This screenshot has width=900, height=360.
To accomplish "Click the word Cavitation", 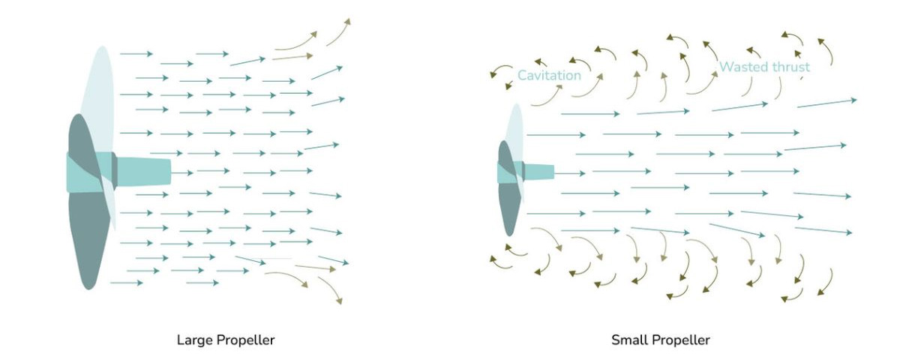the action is pos(549,75).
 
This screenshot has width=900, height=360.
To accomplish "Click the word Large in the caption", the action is pos(194,340).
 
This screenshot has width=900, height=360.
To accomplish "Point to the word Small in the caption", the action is pos(628,340).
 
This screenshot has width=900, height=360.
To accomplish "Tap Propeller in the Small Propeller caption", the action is pos(680,340).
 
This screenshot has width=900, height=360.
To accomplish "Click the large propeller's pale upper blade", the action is pos(100,97).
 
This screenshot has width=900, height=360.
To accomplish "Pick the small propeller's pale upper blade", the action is pos(515,133).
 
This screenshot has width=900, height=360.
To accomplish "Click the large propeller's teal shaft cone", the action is pos(143,172).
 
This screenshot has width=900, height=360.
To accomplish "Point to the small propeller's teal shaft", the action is pos(539,172).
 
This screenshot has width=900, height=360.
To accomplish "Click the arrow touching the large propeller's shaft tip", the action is pos(182,173).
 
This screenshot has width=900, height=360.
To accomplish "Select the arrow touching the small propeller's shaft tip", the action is pos(570,173).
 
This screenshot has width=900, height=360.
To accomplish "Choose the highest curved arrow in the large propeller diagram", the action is pos(338,31).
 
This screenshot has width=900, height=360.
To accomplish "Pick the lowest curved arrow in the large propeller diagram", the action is pos(331,290).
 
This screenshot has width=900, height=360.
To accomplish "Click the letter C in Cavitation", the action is pos(522,75).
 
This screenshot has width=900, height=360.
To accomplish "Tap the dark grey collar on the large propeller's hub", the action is pos(114,172).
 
